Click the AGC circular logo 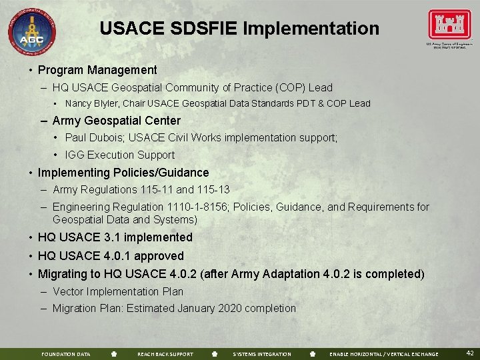click(x=32, y=31)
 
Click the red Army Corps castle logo click(x=449, y=25)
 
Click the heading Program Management click(x=97, y=70)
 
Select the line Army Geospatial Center click(x=116, y=121)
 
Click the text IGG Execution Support click(x=119, y=155)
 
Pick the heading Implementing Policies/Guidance click(x=123, y=173)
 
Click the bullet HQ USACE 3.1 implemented click(x=115, y=237)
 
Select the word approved click(x=158, y=256)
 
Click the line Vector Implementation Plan click(x=117, y=291)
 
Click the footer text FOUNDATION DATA click(x=65, y=354)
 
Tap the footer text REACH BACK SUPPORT click(x=165, y=354)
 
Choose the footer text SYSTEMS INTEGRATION click(x=261, y=354)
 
